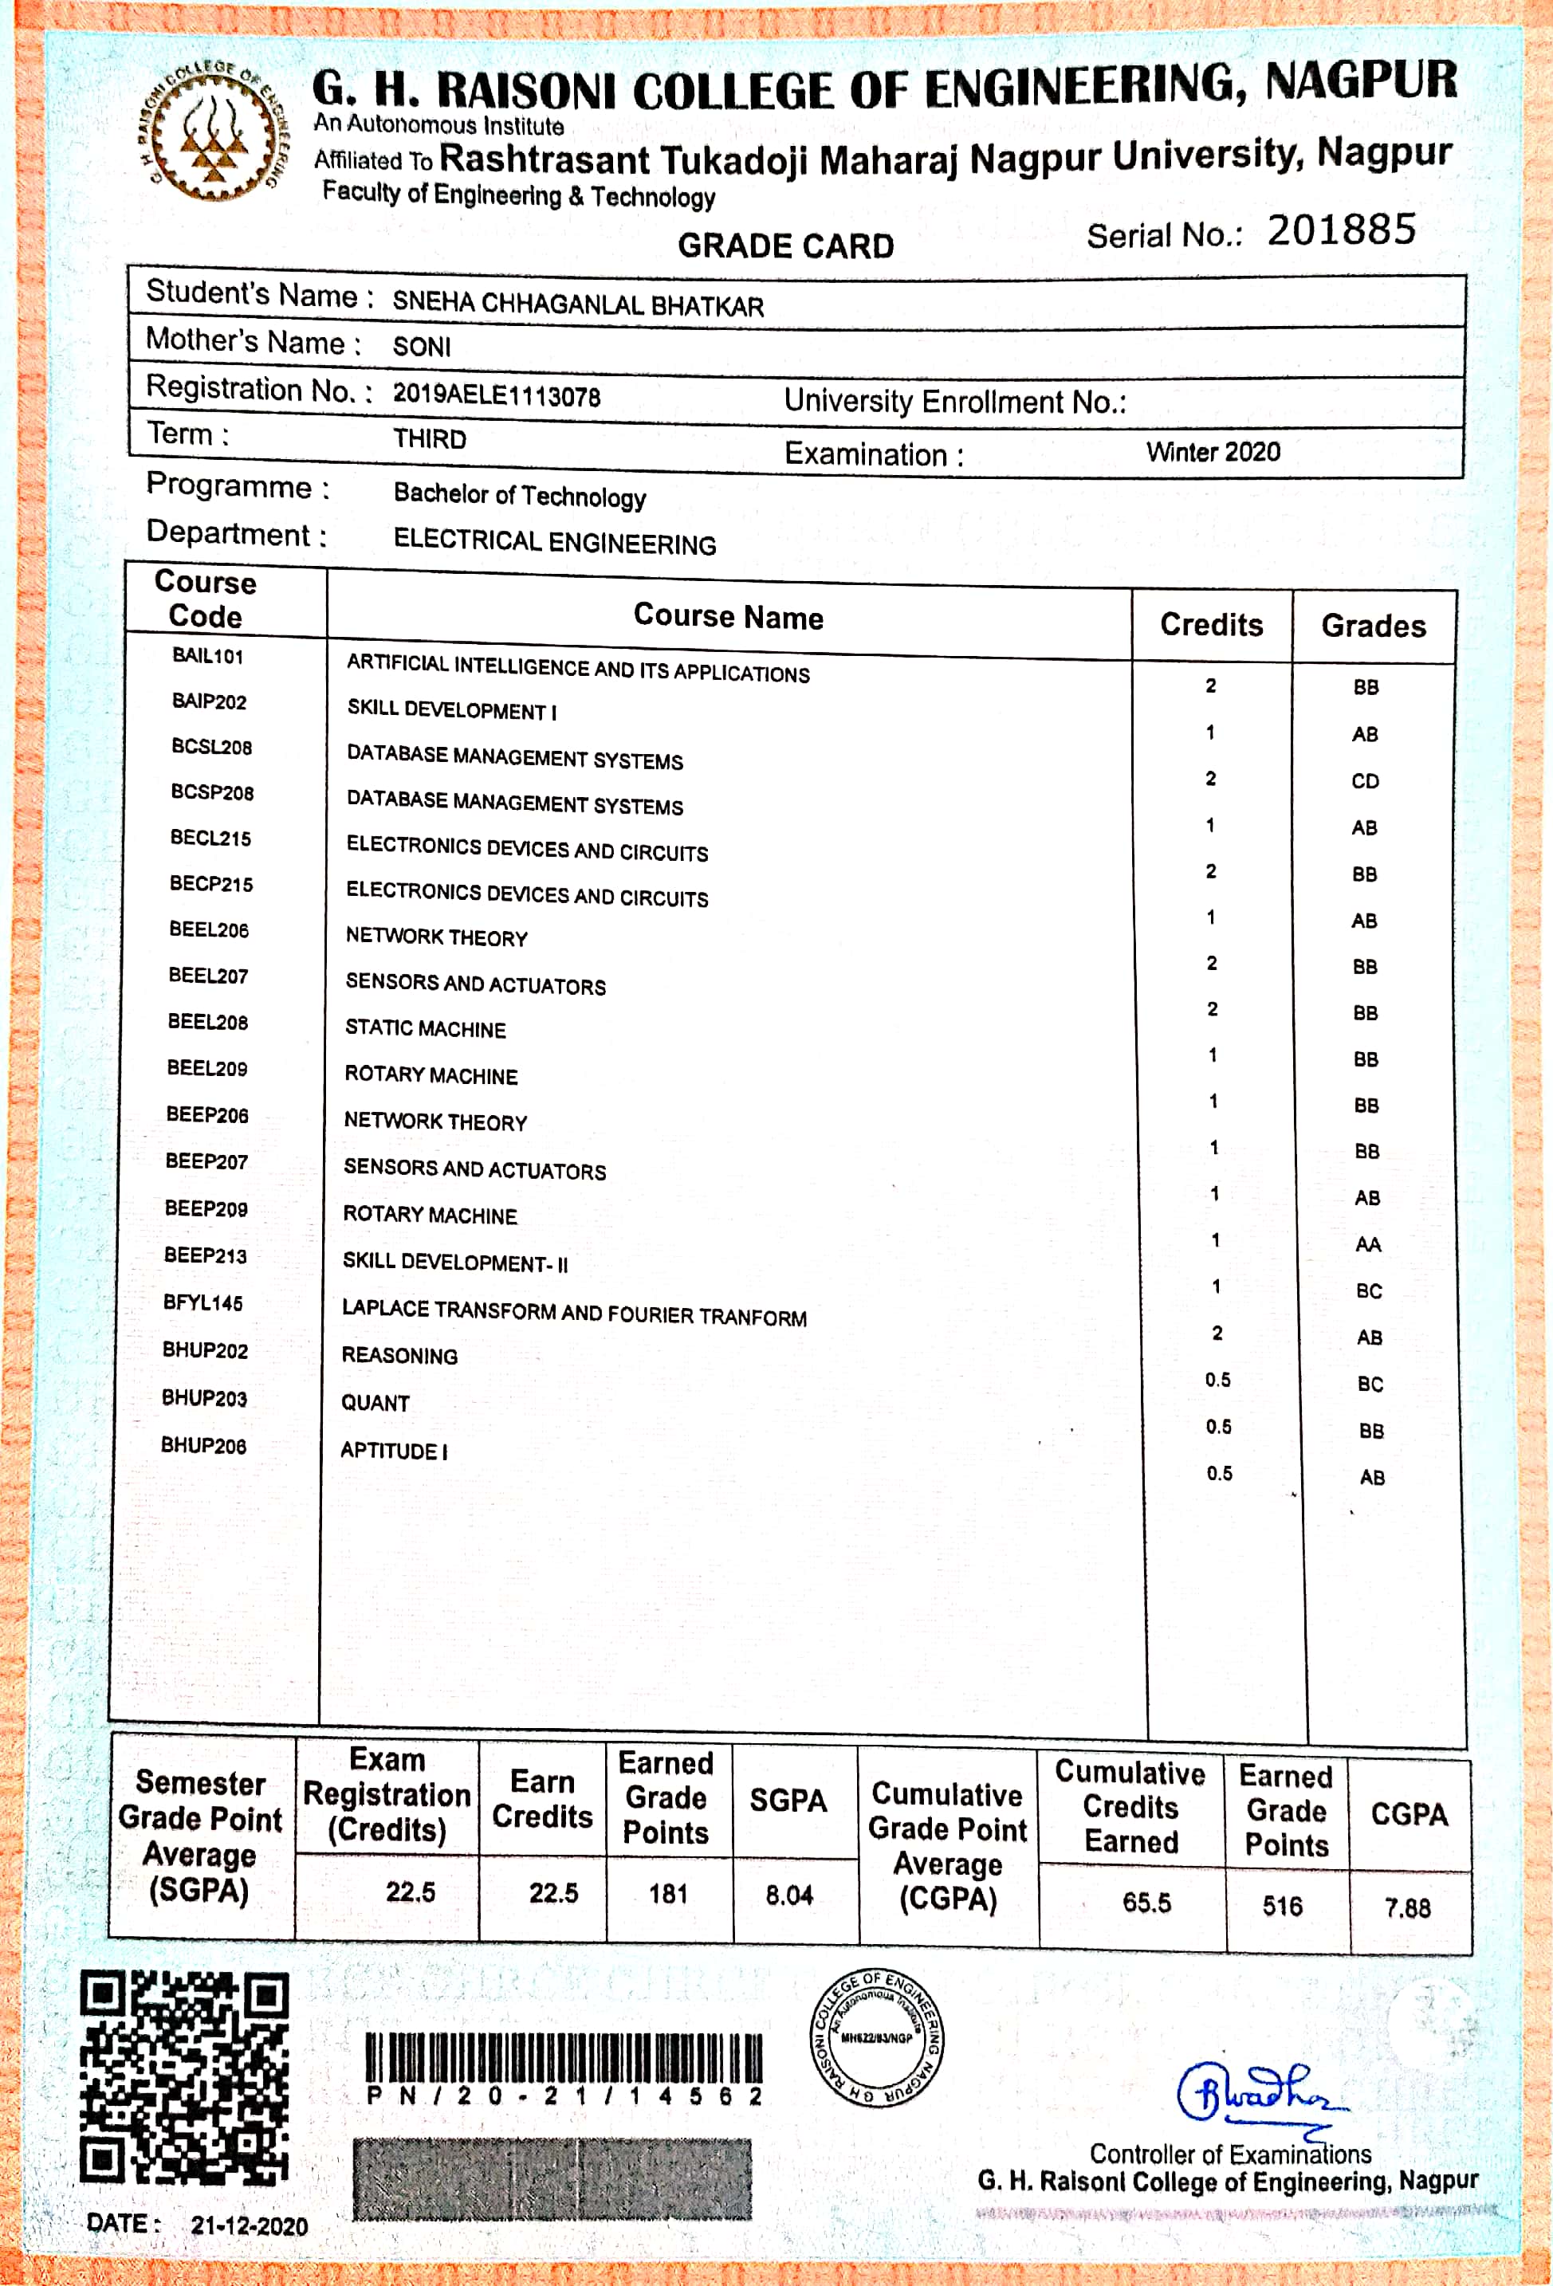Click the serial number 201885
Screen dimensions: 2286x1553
point(1341,230)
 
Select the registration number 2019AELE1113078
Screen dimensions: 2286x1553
point(496,395)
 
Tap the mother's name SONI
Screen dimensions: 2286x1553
point(421,346)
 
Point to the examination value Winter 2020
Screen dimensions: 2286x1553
point(1213,453)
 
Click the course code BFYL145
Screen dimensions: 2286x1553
point(202,1302)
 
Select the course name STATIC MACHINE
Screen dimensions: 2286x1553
point(425,1029)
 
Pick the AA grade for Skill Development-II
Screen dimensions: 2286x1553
point(1367,1244)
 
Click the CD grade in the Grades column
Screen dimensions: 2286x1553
point(1364,781)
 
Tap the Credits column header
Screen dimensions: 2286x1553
point(1211,625)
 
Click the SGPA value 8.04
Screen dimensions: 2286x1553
point(788,1895)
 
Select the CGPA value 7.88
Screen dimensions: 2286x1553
point(1407,1908)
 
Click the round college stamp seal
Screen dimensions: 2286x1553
point(875,2038)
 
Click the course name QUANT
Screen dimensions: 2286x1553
point(375,1403)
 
